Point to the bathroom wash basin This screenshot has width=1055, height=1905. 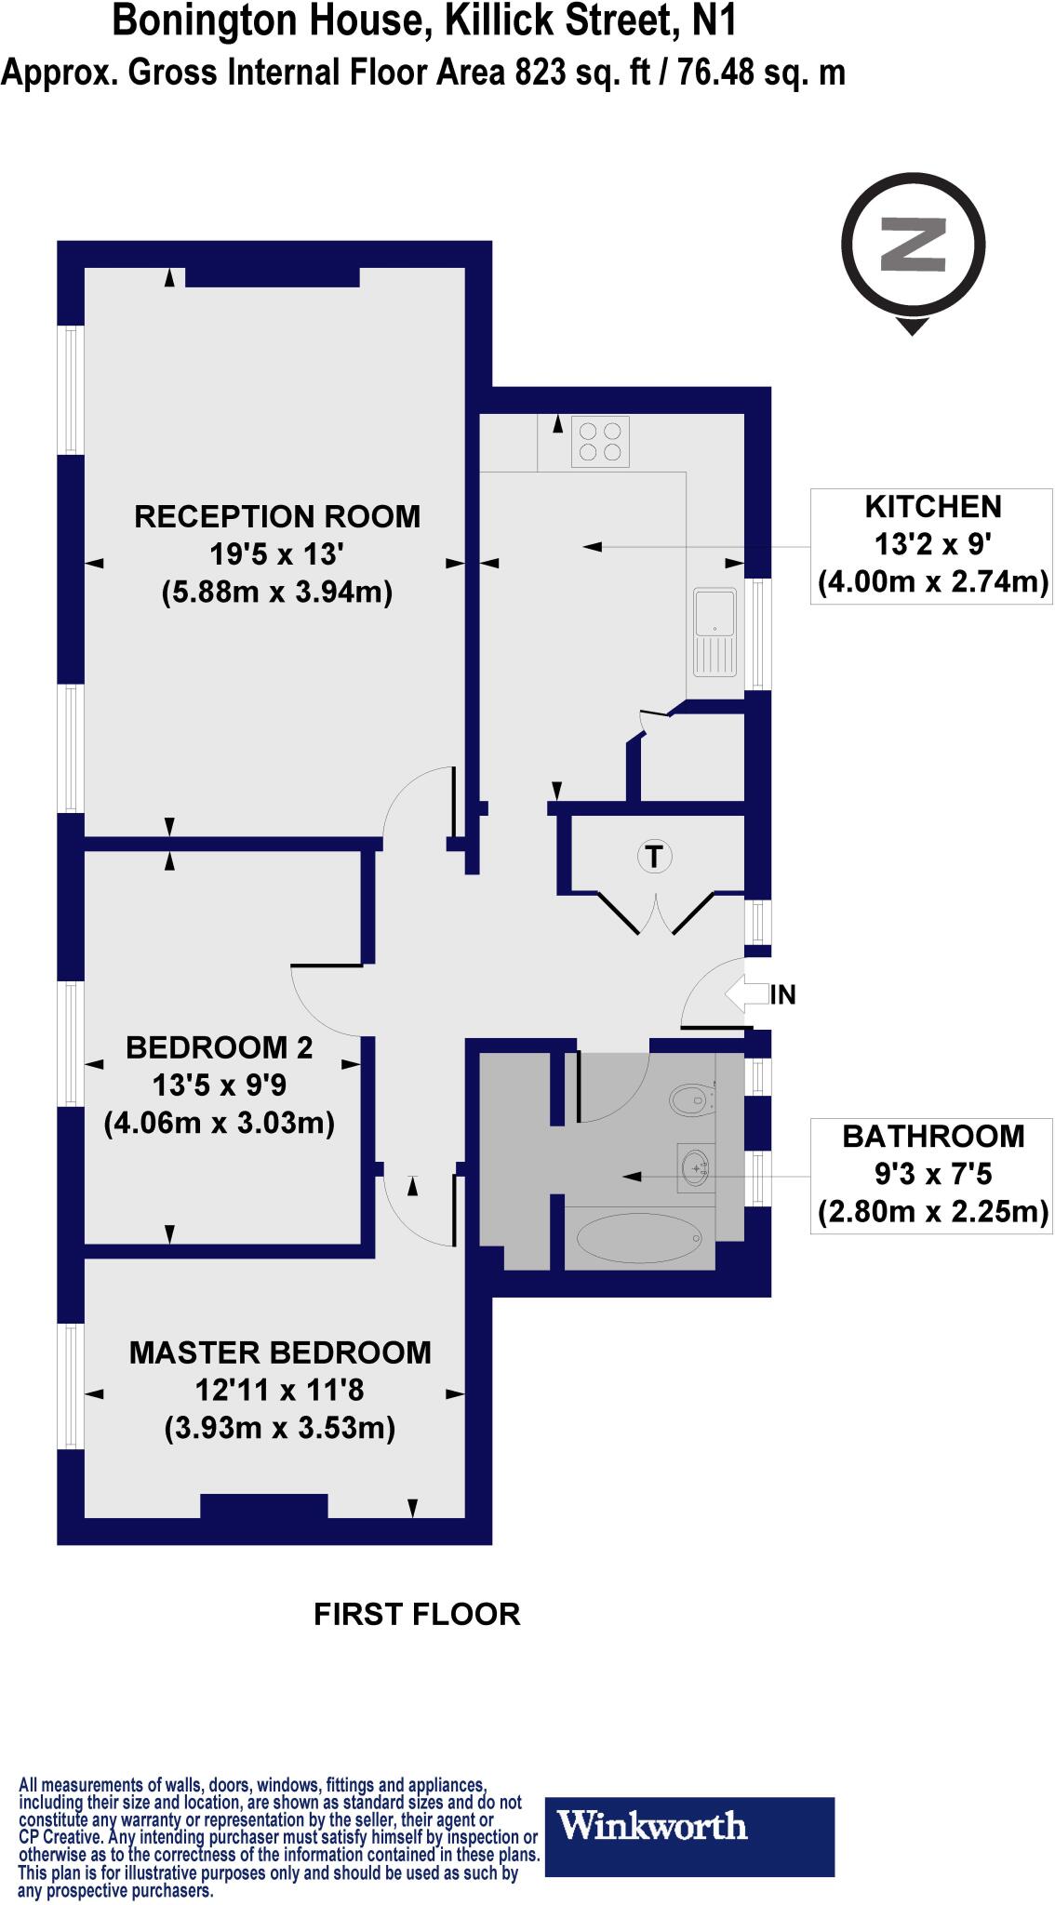pos(694,1166)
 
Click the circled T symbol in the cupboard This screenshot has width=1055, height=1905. pos(655,855)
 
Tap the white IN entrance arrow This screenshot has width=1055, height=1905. pos(747,994)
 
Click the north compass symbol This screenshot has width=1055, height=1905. pos(913,246)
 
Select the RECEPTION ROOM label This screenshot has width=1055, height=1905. pos(277,516)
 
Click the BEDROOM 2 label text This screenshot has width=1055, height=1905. pos(220,1047)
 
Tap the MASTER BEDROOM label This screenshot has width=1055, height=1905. pos(280,1352)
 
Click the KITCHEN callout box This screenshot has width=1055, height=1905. pos(932,545)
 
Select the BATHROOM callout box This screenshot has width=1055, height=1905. pos(932,1175)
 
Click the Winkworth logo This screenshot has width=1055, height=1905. pos(688,1826)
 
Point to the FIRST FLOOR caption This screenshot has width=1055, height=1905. pos(417,1614)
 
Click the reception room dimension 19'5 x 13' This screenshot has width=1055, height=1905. pos(277,555)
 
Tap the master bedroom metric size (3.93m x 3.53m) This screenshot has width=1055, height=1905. pos(280,1428)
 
